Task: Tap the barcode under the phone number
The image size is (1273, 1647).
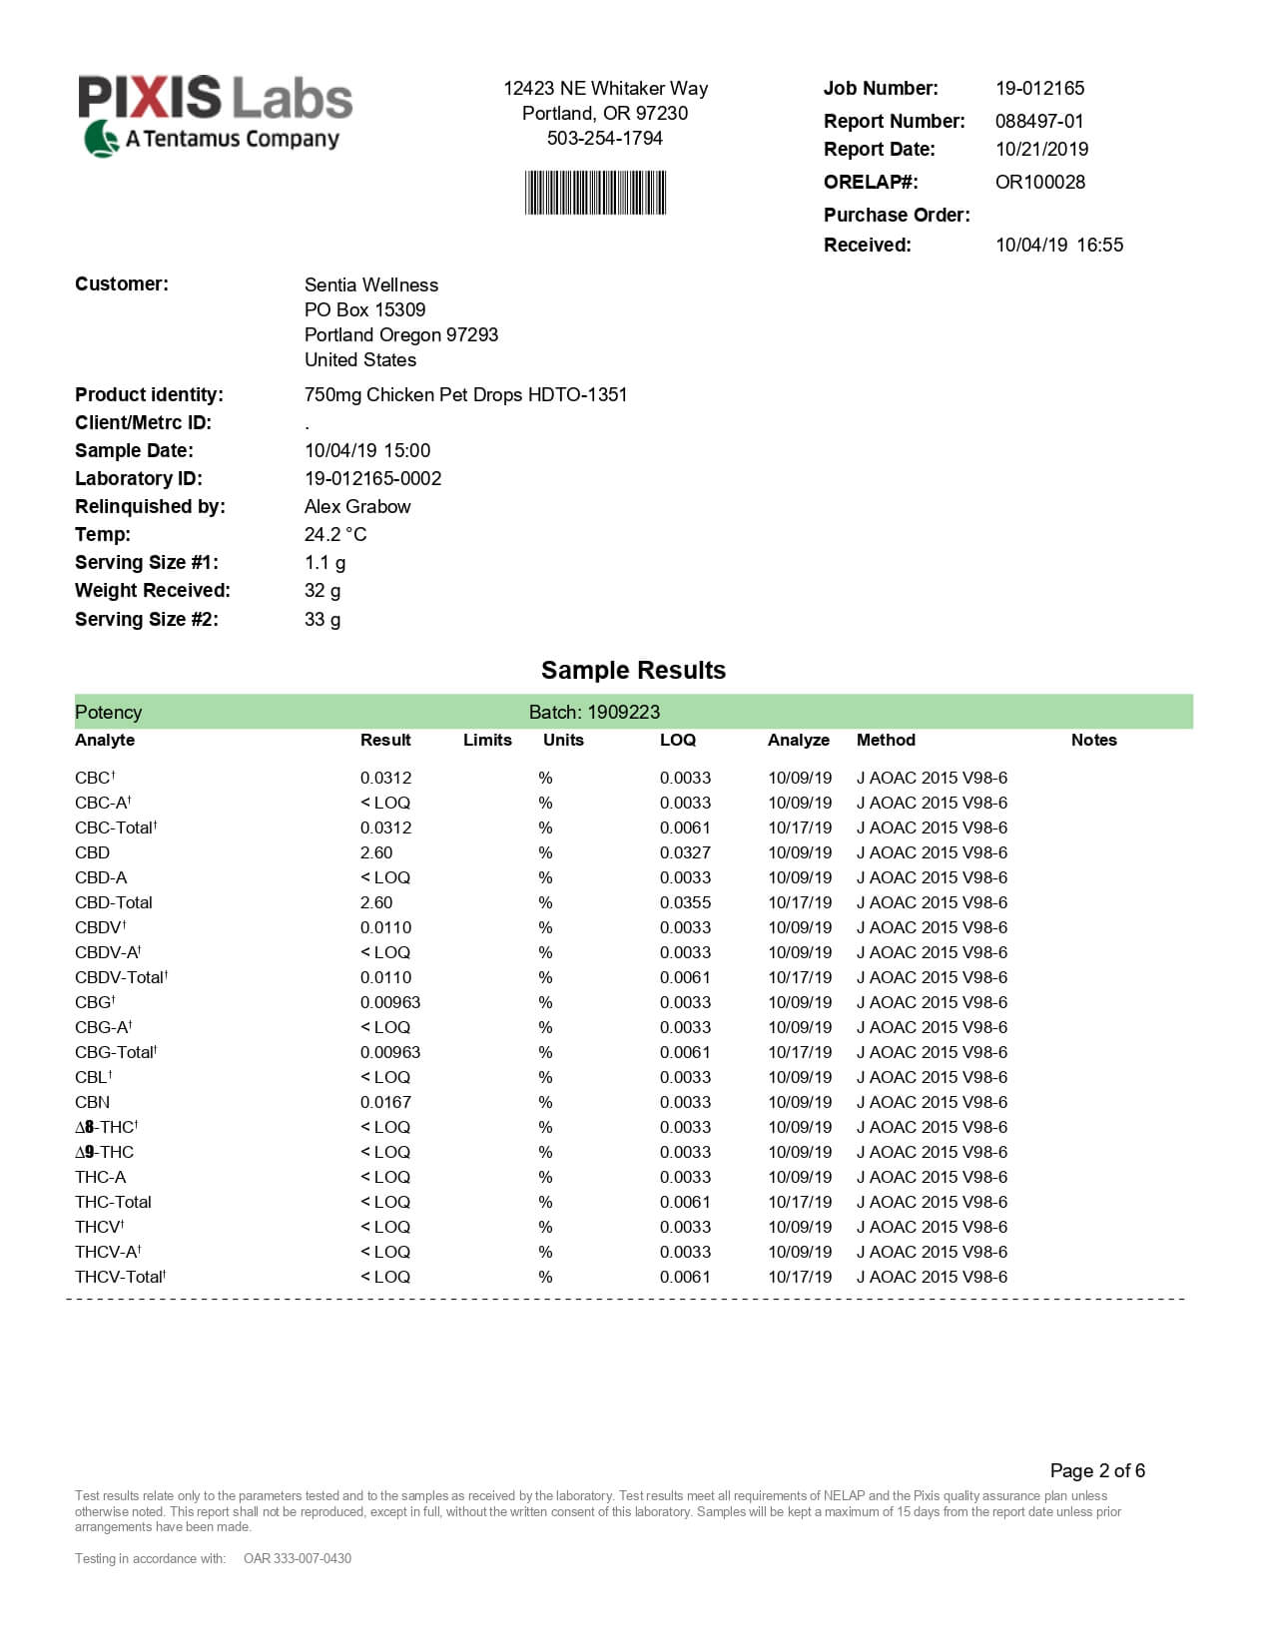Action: coord(595,193)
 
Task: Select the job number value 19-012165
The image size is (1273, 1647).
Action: coord(1039,88)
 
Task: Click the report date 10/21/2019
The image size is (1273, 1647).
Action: coord(1041,149)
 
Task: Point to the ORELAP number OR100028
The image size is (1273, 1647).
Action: coord(1039,182)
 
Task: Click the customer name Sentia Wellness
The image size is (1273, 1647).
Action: coord(370,284)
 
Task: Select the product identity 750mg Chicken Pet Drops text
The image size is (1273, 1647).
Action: coord(465,394)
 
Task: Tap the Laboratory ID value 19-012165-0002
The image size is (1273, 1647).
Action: coord(372,478)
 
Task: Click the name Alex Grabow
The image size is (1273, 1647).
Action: coord(356,506)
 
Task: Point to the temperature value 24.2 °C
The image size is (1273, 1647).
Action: coord(334,534)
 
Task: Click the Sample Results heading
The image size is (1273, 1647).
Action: coord(633,670)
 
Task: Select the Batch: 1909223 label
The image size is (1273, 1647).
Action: coord(594,712)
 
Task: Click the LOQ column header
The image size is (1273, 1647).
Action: coord(677,740)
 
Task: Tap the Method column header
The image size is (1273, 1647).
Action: coord(886,740)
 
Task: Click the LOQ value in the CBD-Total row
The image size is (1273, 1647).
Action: coord(685,902)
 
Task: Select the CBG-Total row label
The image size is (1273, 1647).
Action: coord(115,1052)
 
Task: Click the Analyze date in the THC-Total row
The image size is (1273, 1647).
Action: coord(799,1202)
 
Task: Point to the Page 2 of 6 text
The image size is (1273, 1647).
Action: coord(1097,1470)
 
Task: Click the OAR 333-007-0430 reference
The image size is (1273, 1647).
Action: coord(298,1558)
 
